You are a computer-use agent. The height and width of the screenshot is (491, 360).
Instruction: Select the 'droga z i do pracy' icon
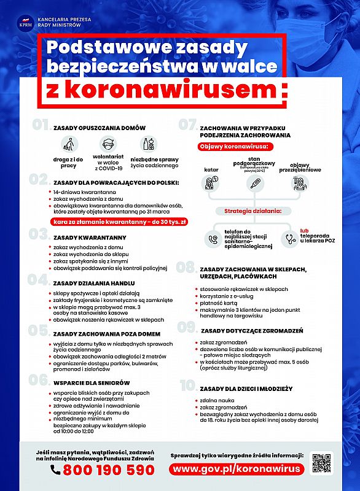69,145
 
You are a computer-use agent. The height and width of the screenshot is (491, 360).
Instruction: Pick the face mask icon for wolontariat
108,145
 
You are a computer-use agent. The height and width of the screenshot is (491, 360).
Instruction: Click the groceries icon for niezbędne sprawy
148,144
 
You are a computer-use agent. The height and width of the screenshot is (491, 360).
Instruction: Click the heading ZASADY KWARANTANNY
90,237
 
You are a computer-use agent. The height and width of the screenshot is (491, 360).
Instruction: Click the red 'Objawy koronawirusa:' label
235,147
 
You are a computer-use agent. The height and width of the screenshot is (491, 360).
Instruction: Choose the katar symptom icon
211,183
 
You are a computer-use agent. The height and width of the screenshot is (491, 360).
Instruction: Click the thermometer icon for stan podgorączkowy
252,183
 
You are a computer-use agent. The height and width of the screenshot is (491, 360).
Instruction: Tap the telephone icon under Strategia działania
213,239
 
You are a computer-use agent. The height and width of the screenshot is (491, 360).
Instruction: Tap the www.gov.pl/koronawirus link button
238,468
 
